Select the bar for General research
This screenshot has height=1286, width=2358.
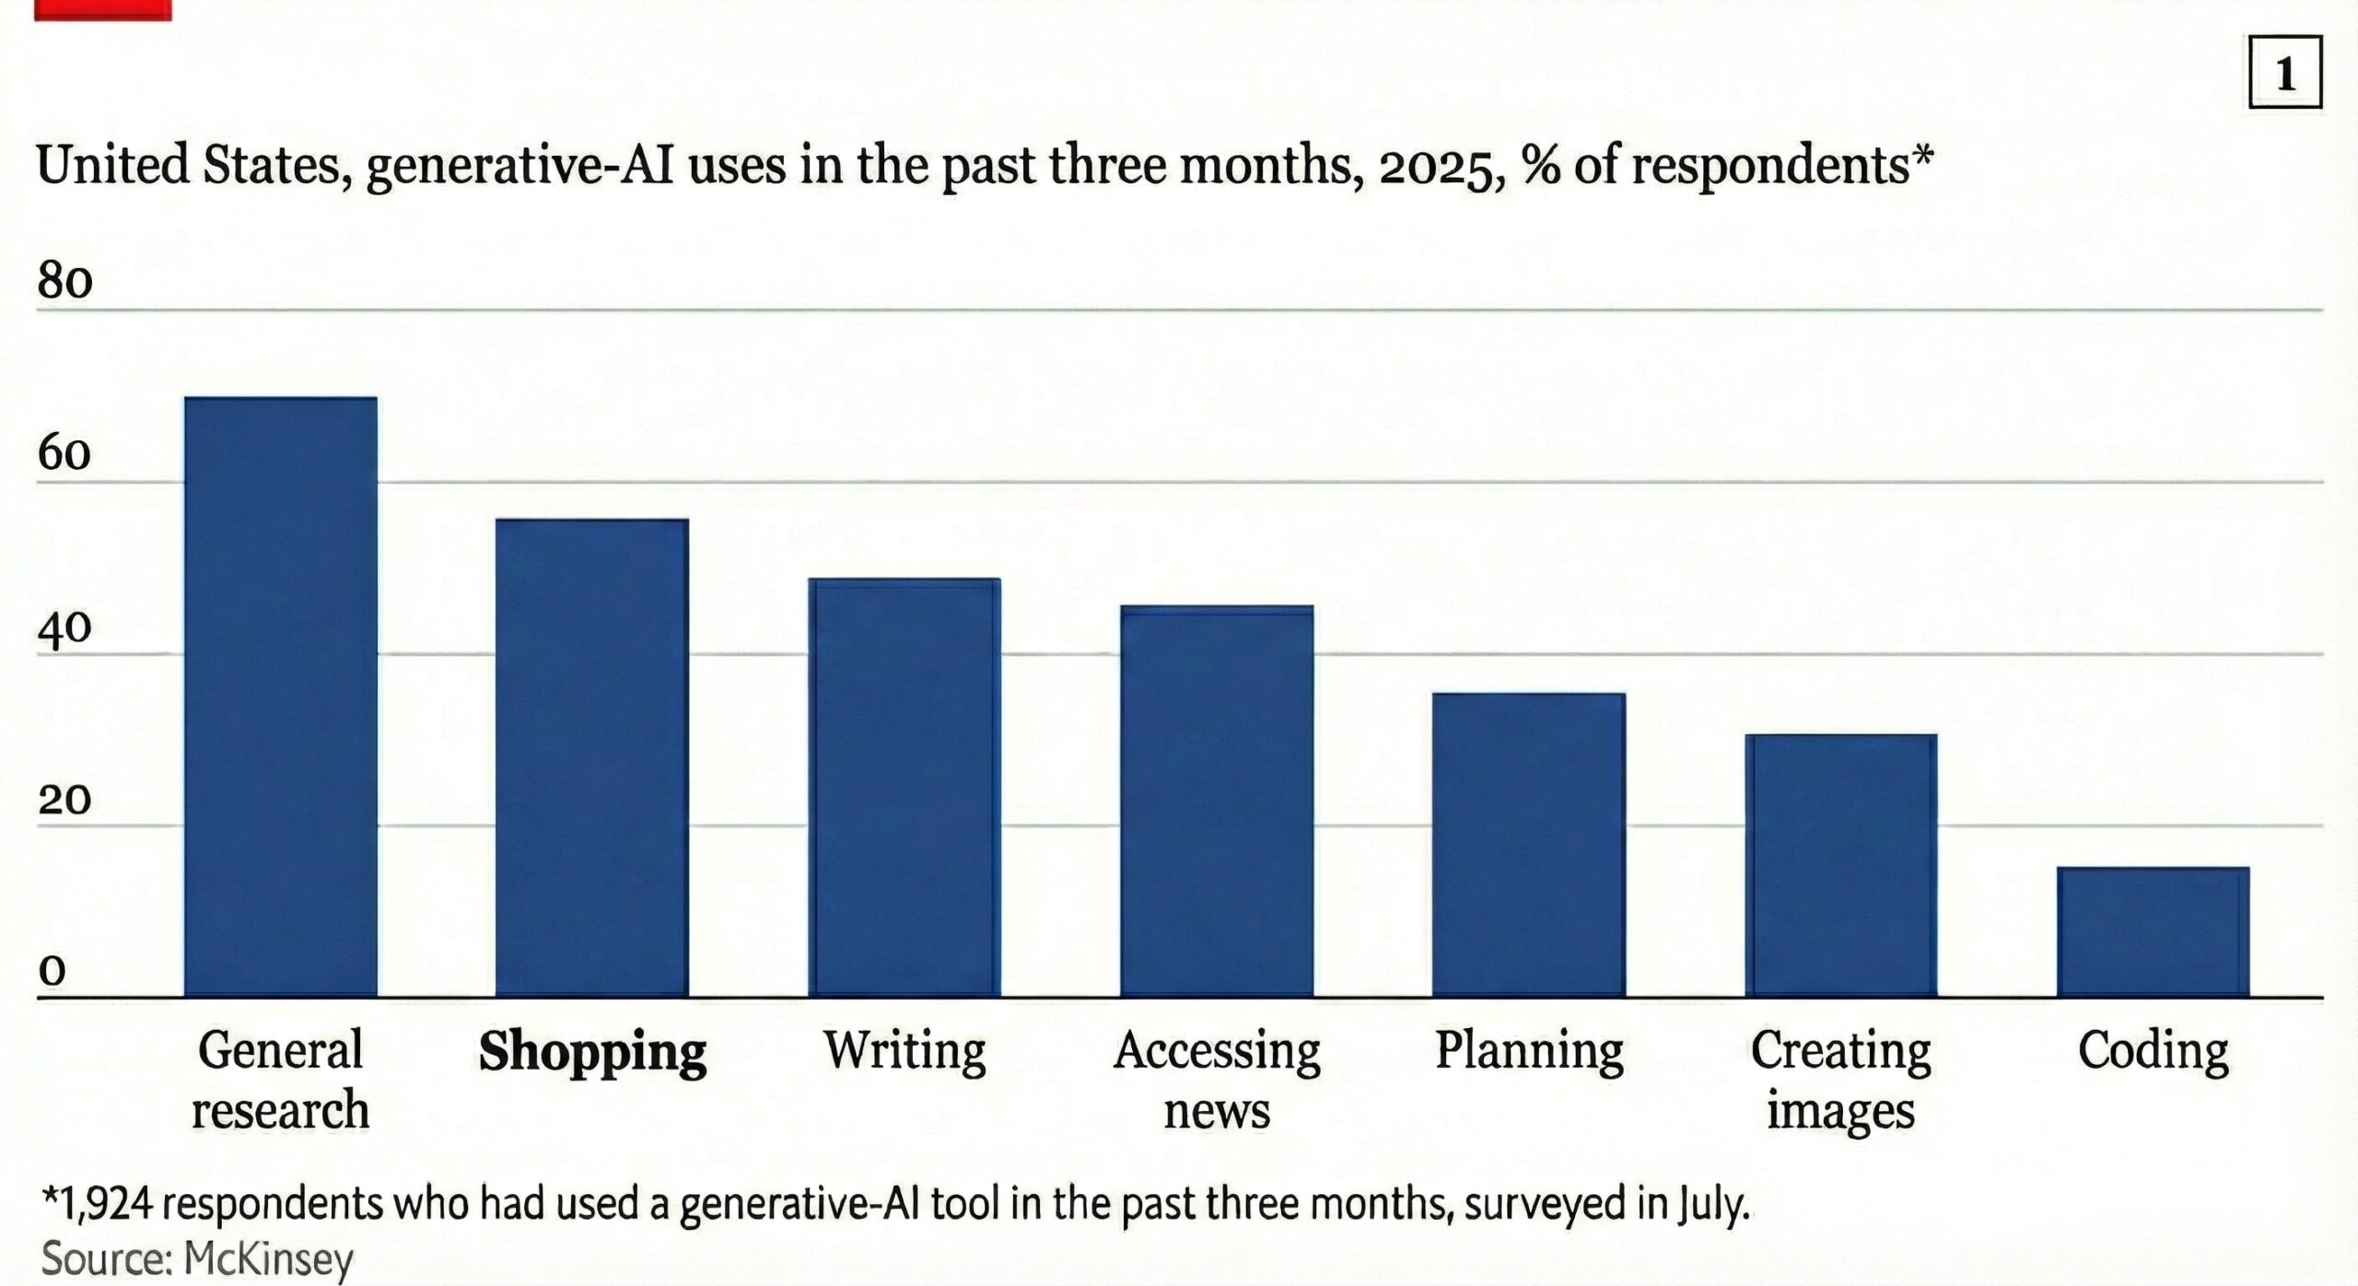click(280, 696)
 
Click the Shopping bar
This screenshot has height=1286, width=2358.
click(592, 757)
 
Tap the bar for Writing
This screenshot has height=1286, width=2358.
click(905, 787)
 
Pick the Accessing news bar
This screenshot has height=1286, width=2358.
click(1217, 801)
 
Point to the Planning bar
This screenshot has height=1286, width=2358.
click(1529, 844)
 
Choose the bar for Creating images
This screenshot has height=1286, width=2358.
click(1841, 865)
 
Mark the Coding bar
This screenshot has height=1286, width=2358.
click(2154, 931)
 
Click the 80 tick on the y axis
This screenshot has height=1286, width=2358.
click(64, 281)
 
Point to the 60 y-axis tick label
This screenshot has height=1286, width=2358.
click(64, 453)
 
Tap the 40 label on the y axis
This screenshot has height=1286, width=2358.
click(64, 627)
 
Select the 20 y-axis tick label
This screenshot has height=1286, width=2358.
click(64, 800)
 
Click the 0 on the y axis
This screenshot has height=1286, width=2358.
click(53, 971)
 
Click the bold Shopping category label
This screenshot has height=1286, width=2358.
click(592, 1051)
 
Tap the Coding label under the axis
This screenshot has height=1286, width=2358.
click(2154, 1050)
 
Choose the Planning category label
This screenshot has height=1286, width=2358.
click(1529, 1051)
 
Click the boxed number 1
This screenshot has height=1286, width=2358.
click(2285, 73)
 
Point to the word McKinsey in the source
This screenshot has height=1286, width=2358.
click(268, 1258)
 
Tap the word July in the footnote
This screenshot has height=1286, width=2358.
click(1712, 1205)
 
